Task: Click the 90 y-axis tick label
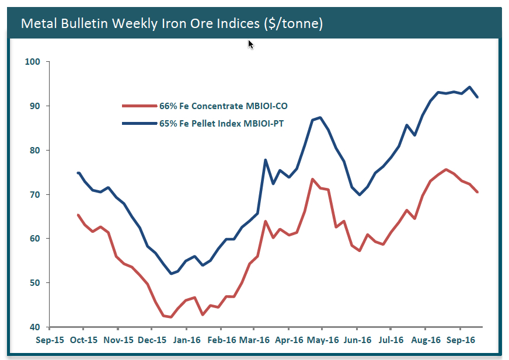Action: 34,106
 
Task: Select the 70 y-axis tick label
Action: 34,194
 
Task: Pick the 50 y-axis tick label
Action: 34,283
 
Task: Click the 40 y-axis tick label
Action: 34,327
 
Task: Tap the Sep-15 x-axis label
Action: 50,339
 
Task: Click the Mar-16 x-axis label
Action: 254,339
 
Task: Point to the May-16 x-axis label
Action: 323,339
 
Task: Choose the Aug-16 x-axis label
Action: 425,339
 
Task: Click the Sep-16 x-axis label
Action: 459,339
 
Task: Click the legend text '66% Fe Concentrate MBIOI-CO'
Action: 223,106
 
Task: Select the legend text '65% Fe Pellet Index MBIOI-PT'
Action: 225,123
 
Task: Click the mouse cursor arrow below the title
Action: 250,44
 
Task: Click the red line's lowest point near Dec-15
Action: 170,317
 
